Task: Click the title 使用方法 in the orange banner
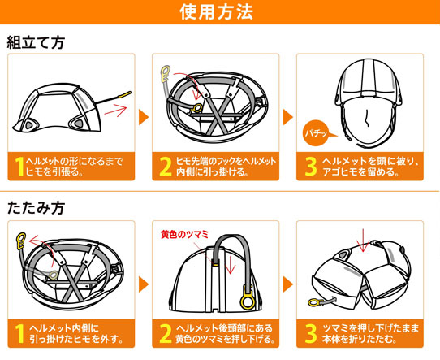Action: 217,12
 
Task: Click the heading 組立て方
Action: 36,43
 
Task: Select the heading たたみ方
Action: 36,208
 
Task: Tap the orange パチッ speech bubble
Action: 317,132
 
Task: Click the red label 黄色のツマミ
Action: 184,234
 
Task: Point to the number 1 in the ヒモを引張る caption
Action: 19,167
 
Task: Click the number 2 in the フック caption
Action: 166,167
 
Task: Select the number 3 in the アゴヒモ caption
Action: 311,167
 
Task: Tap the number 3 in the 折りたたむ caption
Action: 311,334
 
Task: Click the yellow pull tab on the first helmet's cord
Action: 125,94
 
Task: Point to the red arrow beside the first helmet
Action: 115,110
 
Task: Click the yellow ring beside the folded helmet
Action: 313,302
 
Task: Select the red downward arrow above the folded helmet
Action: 363,241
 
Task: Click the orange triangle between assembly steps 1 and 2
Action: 144,117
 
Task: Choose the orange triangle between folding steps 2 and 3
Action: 288,284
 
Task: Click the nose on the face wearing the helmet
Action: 366,118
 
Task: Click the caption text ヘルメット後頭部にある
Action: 224,328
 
